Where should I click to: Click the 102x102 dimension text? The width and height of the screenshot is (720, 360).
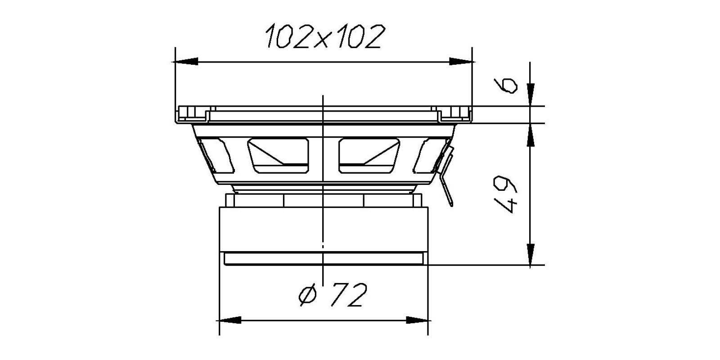325,36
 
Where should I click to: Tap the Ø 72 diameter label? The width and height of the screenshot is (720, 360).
333,295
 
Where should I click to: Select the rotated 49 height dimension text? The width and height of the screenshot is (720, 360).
506,194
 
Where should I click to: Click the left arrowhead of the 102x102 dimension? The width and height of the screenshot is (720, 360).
185,61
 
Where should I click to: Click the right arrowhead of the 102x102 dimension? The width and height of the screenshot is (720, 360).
462,61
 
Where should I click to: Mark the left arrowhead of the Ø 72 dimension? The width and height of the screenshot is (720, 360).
229,320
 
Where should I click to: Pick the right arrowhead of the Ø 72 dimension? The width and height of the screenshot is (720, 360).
418,320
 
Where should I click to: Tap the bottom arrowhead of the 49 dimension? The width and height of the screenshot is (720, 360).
531,255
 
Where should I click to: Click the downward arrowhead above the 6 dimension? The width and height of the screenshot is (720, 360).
531,94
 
